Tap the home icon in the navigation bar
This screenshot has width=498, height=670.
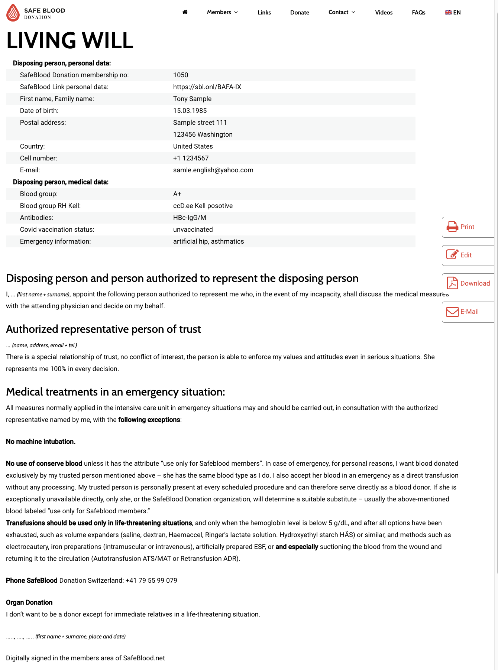tap(185, 12)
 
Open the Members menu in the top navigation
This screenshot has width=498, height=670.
tap(222, 12)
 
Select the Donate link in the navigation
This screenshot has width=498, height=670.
tap(300, 13)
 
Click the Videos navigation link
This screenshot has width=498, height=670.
tap(384, 13)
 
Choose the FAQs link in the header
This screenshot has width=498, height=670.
tap(418, 13)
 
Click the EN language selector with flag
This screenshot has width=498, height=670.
tap(453, 13)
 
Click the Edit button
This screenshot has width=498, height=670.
tap(468, 255)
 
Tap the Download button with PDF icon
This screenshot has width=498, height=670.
tap(468, 283)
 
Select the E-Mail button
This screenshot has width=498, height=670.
tap(468, 312)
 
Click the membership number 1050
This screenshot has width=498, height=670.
tap(181, 75)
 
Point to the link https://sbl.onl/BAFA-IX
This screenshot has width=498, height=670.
tap(207, 87)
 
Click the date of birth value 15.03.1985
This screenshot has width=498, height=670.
tap(190, 111)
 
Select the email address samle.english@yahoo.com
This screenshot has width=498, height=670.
tap(213, 170)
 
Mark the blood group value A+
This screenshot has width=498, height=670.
tap(177, 194)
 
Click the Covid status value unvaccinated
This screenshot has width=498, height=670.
tap(193, 230)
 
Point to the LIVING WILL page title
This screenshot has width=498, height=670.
tap(70, 40)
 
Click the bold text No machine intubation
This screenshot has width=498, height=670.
tap(41, 442)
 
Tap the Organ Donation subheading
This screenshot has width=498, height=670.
tap(29, 602)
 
